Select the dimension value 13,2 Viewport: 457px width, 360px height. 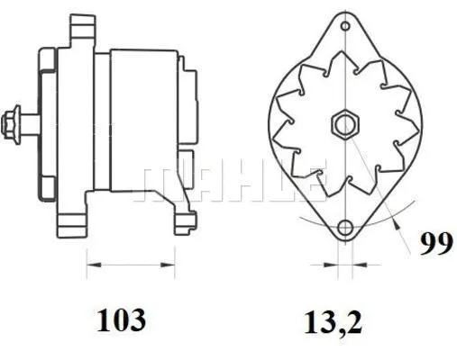[x=334, y=321]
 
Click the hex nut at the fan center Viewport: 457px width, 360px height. [x=343, y=123]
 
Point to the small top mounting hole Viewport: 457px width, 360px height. [x=343, y=27]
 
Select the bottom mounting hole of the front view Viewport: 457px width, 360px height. [x=343, y=229]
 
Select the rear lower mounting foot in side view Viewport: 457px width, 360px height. [x=184, y=218]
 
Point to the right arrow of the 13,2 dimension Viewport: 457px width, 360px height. [x=355, y=265]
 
